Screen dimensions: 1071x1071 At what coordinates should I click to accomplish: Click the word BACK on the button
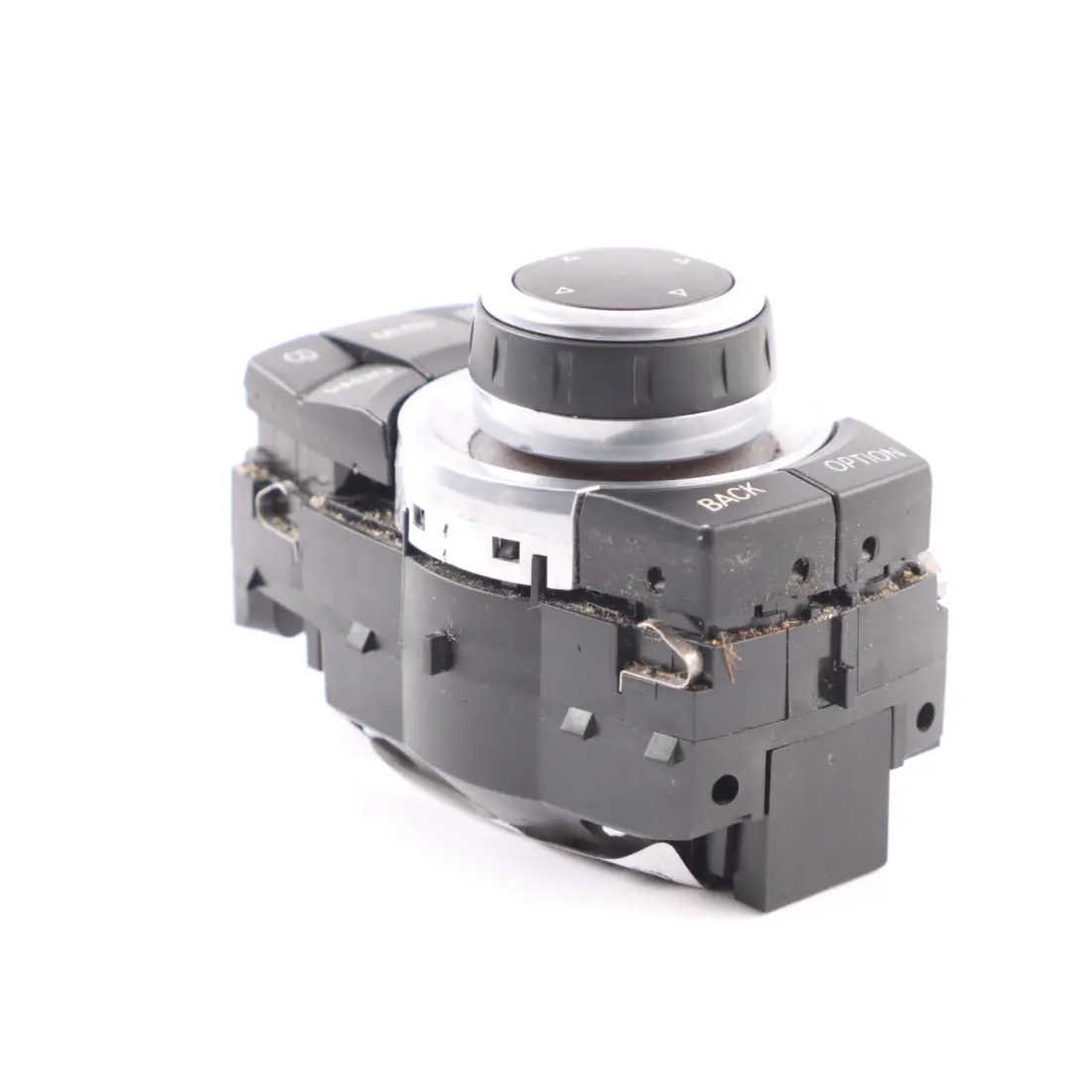(x=731, y=495)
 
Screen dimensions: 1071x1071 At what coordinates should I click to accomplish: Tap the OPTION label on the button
(x=864, y=459)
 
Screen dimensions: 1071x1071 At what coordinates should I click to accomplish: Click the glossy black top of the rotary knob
(x=623, y=280)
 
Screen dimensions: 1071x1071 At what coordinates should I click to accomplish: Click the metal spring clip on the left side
(x=278, y=508)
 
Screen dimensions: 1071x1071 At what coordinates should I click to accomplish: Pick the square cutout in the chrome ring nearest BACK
(x=506, y=548)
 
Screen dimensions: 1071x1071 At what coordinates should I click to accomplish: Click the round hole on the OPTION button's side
(x=869, y=544)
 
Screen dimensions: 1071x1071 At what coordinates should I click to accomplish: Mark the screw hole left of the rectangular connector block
(x=725, y=789)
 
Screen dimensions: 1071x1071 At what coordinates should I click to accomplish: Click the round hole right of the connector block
(x=924, y=716)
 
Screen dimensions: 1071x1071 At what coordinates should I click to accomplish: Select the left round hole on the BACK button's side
(x=655, y=578)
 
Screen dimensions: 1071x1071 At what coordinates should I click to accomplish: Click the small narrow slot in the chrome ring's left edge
(x=419, y=517)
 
